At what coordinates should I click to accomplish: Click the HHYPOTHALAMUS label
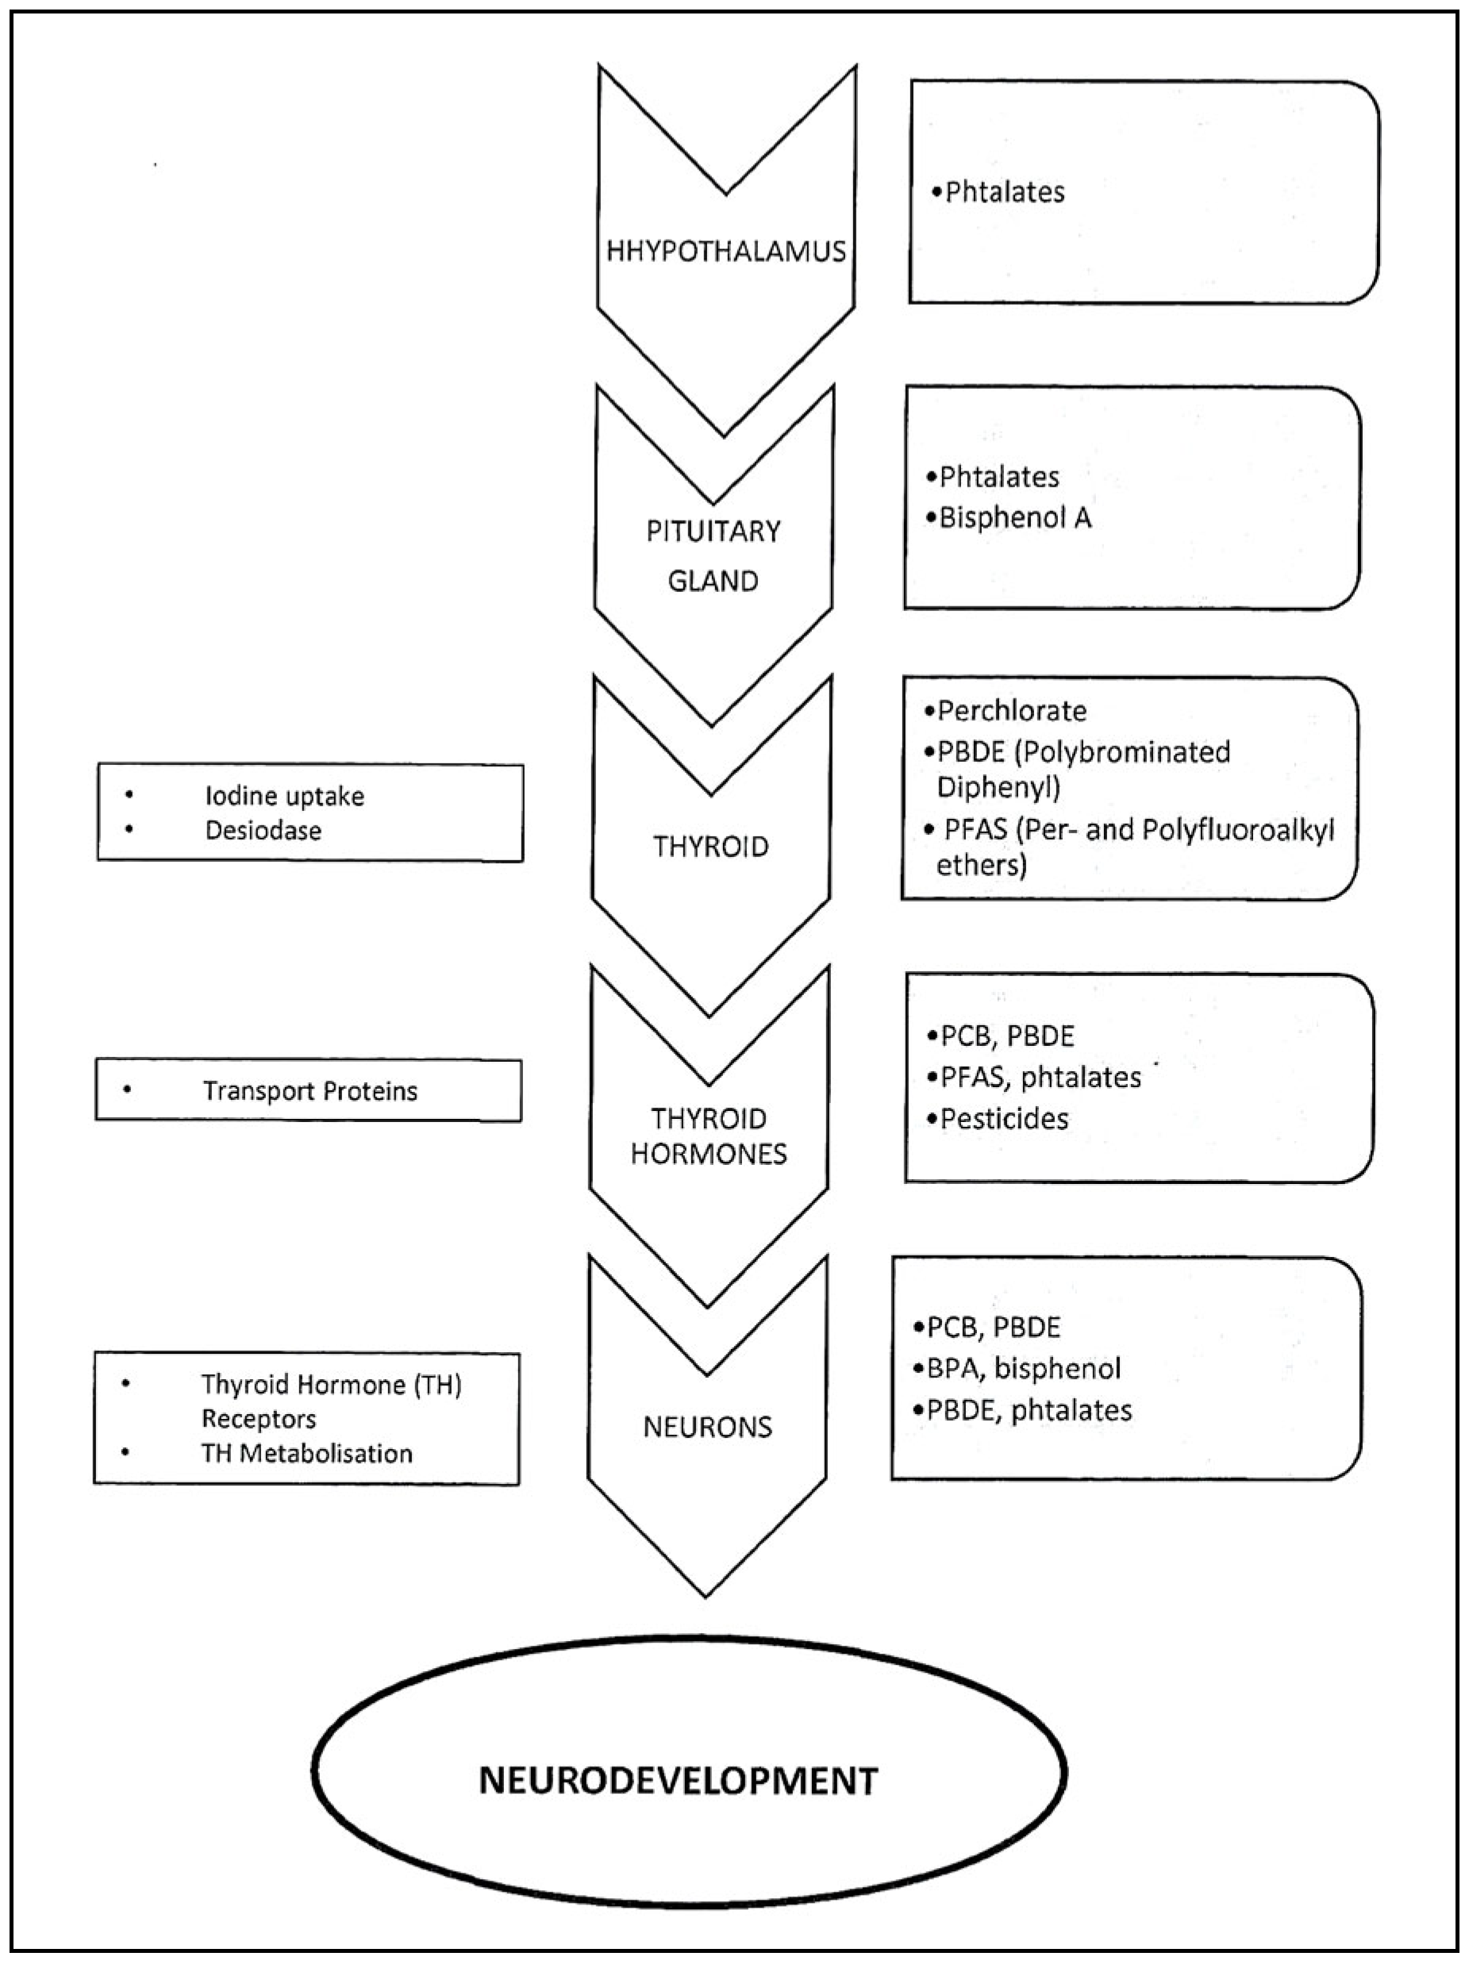(x=725, y=252)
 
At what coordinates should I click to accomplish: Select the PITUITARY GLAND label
(x=713, y=555)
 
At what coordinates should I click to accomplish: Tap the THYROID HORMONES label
(x=709, y=1136)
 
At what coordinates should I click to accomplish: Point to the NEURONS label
(x=708, y=1427)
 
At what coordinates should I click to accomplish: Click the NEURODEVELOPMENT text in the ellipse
(x=679, y=1780)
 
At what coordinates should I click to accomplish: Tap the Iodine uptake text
(x=284, y=796)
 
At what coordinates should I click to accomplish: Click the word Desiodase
(x=263, y=830)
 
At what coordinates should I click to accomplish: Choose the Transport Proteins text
(x=310, y=1090)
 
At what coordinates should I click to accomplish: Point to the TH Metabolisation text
(x=306, y=1454)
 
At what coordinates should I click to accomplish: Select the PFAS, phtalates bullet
(x=1040, y=1077)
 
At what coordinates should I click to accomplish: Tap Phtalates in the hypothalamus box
(x=1005, y=192)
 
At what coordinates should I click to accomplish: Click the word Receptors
(x=259, y=1419)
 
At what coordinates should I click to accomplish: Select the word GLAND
(x=713, y=582)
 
